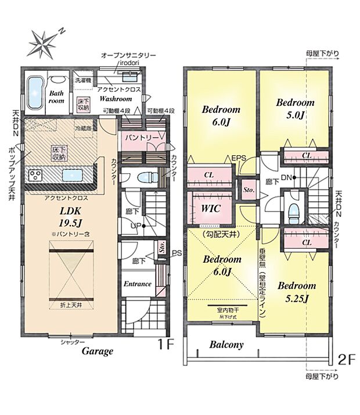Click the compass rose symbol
(x=44, y=43)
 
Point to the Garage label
(x=97, y=352)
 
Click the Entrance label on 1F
(x=138, y=284)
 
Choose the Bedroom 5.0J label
(x=295, y=109)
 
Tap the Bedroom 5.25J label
(x=296, y=291)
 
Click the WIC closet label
(x=210, y=209)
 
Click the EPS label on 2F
(x=239, y=158)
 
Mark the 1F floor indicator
(x=166, y=344)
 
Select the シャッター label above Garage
(x=73, y=342)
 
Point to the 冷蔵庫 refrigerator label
(x=83, y=128)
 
